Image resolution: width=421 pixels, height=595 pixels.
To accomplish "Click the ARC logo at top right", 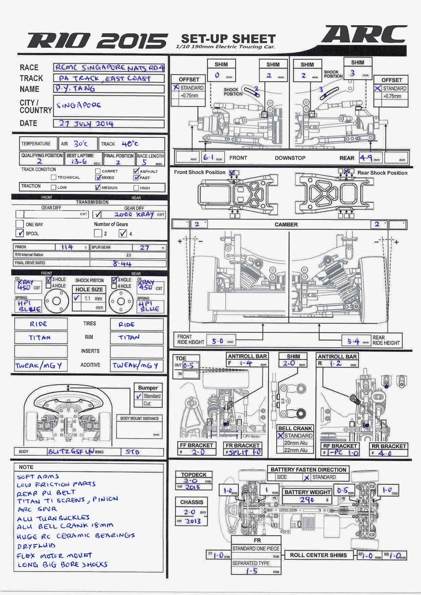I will click(364, 35).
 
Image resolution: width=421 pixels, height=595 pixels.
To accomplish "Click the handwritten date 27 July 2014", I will click(86, 123).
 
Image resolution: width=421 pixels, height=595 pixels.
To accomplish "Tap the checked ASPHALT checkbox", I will click(136, 171).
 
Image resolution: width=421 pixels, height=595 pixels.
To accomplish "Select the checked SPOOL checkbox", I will click(20, 233).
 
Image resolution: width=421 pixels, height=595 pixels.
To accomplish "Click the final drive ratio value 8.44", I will click(122, 264).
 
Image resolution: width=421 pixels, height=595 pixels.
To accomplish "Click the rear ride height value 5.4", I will click(354, 341).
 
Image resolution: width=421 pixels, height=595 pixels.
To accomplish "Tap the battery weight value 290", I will click(307, 500).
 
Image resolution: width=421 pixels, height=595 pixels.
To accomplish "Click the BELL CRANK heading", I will click(295, 428).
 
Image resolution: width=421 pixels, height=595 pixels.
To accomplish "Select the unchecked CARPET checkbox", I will click(98, 171).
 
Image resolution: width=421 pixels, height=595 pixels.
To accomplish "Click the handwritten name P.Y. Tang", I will click(75, 89).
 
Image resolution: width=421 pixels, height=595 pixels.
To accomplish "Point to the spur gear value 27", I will click(144, 248).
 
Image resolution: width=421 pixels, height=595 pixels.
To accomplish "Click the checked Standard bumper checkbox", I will click(139, 396).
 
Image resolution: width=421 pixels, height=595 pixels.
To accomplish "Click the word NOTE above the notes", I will click(26, 467).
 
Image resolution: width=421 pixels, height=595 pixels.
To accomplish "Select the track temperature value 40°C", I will click(130, 144).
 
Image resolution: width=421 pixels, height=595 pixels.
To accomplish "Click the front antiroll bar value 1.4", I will click(246, 363).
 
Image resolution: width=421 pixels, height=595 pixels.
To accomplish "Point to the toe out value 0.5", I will click(188, 365).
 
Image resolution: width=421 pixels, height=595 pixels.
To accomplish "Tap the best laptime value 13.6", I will click(79, 161).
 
